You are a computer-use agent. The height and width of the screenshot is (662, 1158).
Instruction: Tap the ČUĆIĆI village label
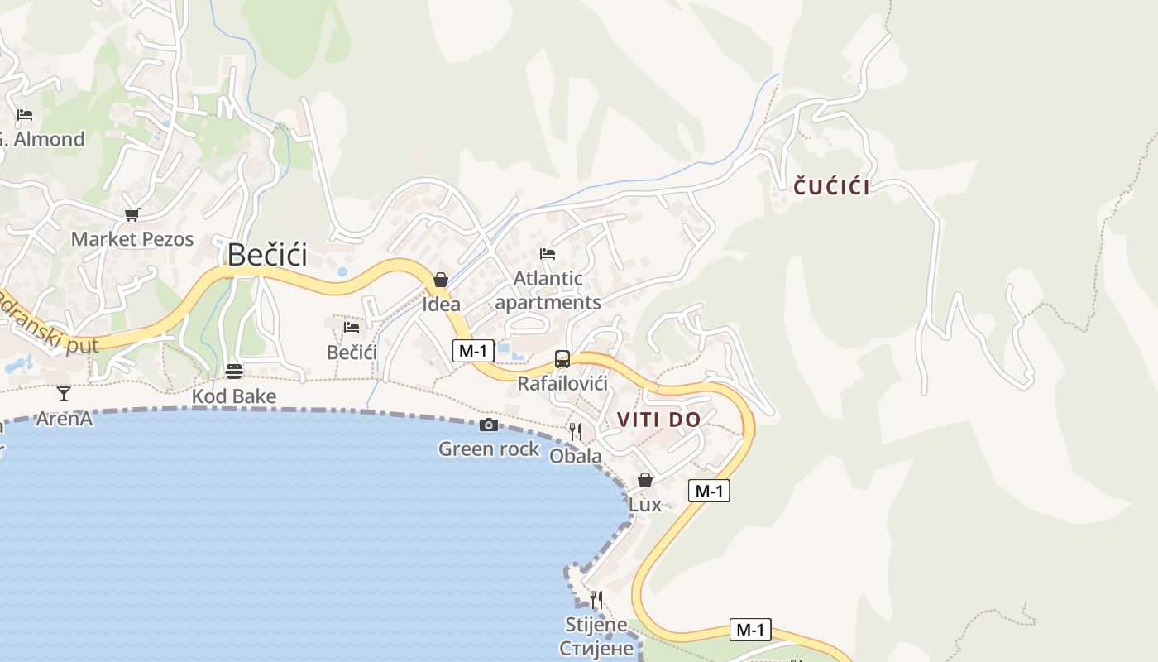pyautogui.click(x=831, y=187)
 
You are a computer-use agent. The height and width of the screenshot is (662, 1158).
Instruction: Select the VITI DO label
pyautogui.click(x=658, y=420)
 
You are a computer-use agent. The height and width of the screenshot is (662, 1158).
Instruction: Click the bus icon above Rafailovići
pyautogui.click(x=562, y=359)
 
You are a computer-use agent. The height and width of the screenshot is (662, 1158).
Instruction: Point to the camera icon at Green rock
pyautogui.click(x=489, y=425)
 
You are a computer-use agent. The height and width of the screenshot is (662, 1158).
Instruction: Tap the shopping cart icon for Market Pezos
pyautogui.click(x=132, y=215)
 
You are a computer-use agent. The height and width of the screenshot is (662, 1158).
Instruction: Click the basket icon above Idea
pyautogui.click(x=441, y=280)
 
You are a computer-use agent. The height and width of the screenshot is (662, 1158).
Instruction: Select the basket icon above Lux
pyautogui.click(x=645, y=480)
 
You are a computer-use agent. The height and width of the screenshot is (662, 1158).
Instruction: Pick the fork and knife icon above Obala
pyautogui.click(x=576, y=431)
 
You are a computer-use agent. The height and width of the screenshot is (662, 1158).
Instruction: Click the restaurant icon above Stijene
pyautogui.click(x=596, y=599)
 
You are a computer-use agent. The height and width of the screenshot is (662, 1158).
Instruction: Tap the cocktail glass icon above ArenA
pyautogui.click(x=64, y=393)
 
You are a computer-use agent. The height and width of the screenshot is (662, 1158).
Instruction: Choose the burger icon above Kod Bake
pyautogui.click(x=234, y=371)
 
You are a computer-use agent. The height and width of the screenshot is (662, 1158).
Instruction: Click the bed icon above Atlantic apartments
pyautogui.click(x=548, y=253)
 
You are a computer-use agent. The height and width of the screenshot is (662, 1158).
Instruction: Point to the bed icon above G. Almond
pyautogui.click(x=25, y=114)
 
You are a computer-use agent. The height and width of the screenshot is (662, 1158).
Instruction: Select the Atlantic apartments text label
pyautogui.click(x=548, y=290)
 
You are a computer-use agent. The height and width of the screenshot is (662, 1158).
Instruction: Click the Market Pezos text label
pyautogui.click(x=132, y=239)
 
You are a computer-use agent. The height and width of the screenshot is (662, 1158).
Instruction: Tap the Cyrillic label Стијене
pyautogui.click(x=596, y=648)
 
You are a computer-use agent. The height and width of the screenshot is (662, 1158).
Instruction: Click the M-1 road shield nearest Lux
pyautogui.click(x=709, y=491)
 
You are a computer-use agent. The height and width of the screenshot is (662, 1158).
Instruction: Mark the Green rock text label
pyautogui.click(x=489, y=449)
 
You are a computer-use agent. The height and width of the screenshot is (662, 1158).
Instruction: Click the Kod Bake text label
pyautogui.click(x=234, y=396)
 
